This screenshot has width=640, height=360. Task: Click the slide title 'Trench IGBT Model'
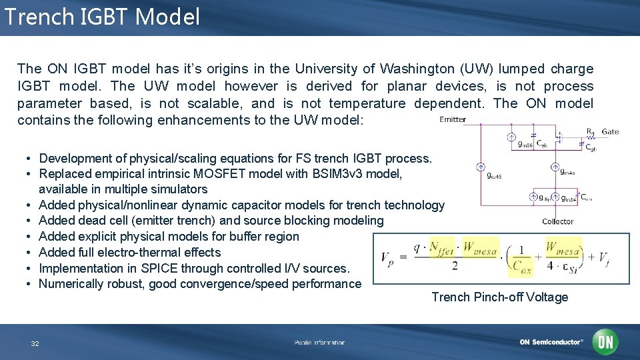coord(101,17)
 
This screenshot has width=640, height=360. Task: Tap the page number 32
coord(35,343)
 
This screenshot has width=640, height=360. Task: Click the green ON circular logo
coord(605,342)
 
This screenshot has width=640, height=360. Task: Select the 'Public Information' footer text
coord(319,343)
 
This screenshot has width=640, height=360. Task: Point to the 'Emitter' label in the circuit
coord(453,120)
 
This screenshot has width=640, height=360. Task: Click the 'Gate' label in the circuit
coord(610,132)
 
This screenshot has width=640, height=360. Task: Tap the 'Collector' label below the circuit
coord(557,221)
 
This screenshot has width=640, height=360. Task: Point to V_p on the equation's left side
coord(386,258)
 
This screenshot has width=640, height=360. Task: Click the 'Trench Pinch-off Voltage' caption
coord(499,297)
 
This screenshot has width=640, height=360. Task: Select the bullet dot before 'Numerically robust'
coord(31,285)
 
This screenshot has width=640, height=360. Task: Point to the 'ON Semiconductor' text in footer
coord(551,343)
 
